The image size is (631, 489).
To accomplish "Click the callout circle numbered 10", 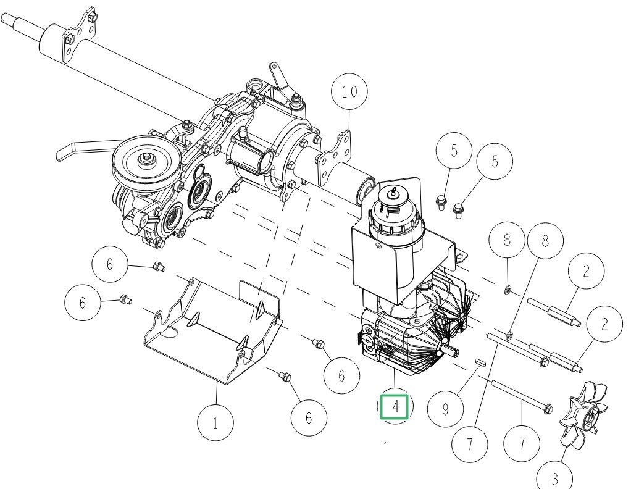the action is tap(349, 92).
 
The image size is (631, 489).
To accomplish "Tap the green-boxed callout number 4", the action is tap(395, 406).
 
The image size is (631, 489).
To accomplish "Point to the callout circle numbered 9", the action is tap(446, 409).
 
